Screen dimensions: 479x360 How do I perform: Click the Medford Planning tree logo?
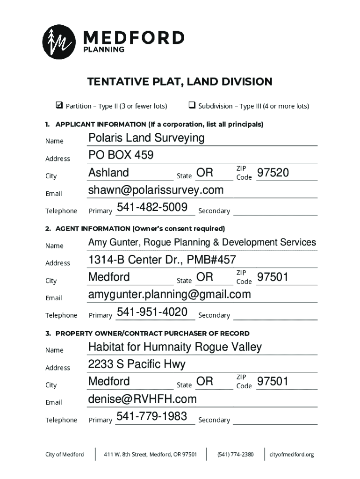59,42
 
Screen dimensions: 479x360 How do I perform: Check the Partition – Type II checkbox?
59,106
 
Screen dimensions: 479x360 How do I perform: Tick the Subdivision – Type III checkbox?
192,106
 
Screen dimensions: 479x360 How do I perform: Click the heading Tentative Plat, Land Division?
180,82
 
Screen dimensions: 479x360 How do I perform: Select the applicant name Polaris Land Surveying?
146,138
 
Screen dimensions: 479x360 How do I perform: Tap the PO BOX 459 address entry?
121,155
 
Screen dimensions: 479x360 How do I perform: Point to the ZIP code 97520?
273,173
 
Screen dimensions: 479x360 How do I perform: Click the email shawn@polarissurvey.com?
156,190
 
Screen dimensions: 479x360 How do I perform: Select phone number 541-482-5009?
152,207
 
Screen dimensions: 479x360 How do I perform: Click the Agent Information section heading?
135,229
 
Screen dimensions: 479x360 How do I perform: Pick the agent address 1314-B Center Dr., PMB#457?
162,260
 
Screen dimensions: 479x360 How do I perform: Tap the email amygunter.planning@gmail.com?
169,295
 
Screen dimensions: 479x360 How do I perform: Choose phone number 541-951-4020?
152,312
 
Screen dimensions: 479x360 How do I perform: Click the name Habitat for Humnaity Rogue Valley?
175,347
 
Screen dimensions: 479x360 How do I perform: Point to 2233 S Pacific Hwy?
137,364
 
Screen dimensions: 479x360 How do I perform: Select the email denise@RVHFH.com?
142,399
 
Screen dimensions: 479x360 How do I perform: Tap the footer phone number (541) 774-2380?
236,454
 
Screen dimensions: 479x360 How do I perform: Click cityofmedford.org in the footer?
291,454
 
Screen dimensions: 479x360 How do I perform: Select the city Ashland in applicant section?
108,173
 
